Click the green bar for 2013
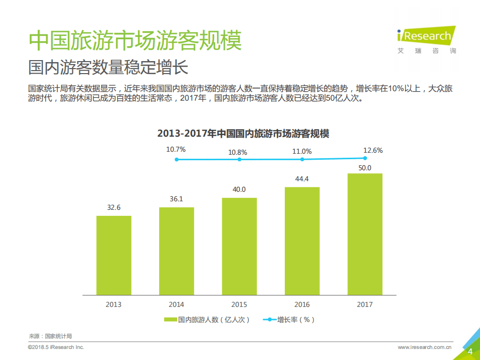(114, 255)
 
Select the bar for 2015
(239, 246)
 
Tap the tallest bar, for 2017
(365, 234)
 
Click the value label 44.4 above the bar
(302, 179)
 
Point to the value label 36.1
(176, 199)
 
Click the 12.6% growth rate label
(373, 150)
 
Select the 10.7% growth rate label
(176, 149)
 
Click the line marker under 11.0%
(302, 159)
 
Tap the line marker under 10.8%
(239, 159)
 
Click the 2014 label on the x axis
(176, 304)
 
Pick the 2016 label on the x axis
(302, 304)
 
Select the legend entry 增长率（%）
(289, 319)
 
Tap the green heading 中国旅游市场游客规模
(135, 40)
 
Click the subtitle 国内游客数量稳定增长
(108, 67)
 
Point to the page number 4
(470, 351)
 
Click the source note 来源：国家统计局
(50, 336)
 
